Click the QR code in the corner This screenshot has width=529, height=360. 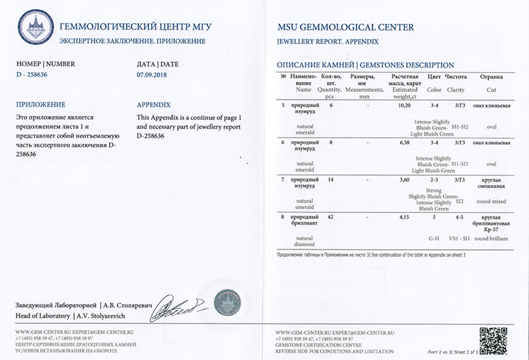494,340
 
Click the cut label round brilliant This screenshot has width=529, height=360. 492,239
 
